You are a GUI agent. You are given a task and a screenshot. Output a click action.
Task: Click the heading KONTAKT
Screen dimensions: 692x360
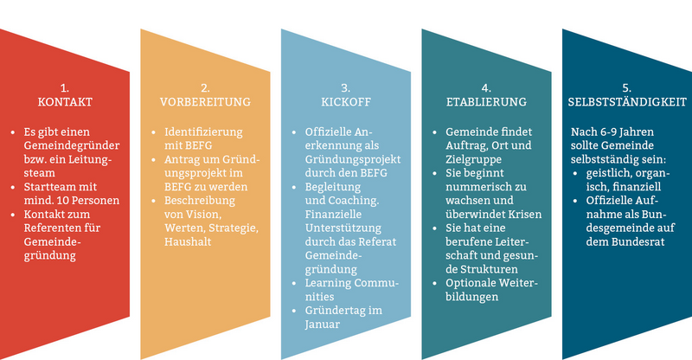click(65, 102)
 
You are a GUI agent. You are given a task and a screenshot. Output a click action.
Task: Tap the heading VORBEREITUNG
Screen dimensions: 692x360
click(205, 102)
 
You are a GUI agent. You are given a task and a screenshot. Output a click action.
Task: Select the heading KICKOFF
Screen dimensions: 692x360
click(346, 102)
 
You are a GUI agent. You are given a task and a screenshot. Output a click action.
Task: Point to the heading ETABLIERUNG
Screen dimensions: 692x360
click(486, 102)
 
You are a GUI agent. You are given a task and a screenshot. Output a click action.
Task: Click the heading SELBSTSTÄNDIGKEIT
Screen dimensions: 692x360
click(627, 102)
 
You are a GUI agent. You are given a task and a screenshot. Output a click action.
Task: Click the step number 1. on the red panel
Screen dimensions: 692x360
click(65, 88)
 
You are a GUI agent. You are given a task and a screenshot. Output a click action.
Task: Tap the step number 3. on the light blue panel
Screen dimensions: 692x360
click(346, 88)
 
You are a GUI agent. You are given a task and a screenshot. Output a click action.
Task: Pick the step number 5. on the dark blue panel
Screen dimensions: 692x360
click(627, 88)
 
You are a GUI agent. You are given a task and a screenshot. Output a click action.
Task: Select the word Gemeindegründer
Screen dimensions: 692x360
click(72, 145)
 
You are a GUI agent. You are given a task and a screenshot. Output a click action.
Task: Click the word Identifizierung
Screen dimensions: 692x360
click(203, 132)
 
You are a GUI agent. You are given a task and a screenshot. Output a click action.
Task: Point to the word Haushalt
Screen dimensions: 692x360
click(188, 241)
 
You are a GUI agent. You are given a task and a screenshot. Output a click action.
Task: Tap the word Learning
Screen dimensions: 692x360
click(328, 283)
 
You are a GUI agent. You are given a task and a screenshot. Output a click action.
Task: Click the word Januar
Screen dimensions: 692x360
click(323, 325)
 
